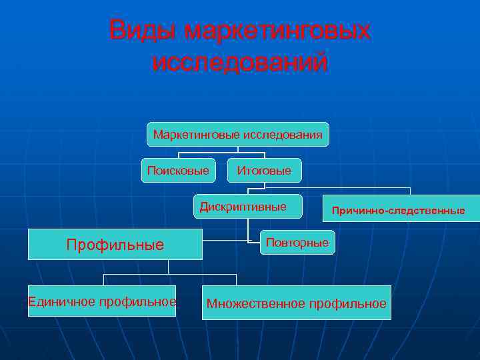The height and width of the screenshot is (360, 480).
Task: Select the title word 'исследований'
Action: click(x=240, y=63)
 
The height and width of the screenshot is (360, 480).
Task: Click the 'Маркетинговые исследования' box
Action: click(x=238, y=135)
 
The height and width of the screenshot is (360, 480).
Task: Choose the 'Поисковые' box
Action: click(x=178, y=171)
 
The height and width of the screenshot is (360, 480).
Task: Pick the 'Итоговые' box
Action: click(x=264, y=171)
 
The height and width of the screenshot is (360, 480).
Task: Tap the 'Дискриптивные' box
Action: click(x=247, y=207)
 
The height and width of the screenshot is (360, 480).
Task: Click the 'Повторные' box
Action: click(x=297, y=243)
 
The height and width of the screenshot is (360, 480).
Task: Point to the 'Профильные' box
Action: click(x=115, y=245)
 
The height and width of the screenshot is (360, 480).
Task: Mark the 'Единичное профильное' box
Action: click(x=102, y=301)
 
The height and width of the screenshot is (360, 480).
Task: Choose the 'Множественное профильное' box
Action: click(x=297, y=304)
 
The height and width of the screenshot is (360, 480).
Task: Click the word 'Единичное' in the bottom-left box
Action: click(x=62, y=301)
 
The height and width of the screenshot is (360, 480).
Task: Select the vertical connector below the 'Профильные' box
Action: click(x=169, y=267)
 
